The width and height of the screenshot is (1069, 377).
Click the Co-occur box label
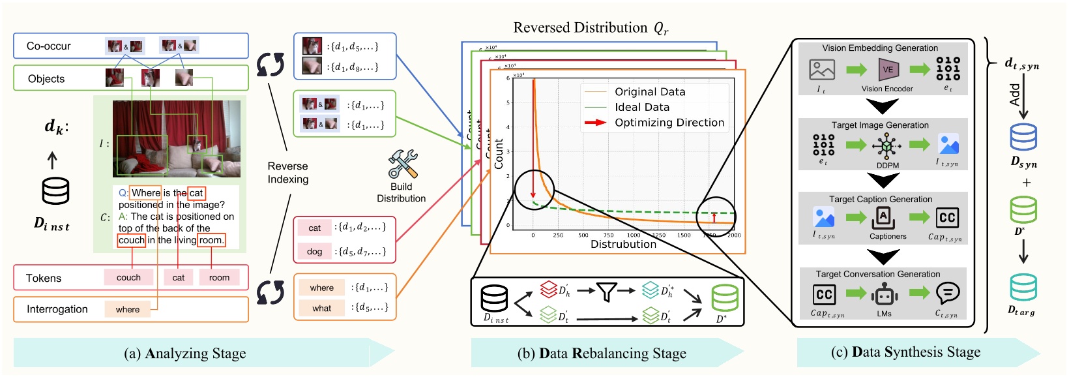49,46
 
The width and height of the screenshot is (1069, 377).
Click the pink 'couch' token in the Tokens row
128,277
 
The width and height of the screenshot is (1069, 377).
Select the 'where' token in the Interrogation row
127,309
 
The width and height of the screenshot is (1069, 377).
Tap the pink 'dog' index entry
314,251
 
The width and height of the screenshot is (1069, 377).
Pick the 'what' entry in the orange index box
321,308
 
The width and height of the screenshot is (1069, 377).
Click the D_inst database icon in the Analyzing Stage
55,191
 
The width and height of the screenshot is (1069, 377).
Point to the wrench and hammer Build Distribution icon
402,164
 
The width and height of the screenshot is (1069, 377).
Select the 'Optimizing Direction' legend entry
669,123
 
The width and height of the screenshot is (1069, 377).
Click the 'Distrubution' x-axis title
623,245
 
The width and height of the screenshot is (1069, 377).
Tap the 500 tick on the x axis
583,235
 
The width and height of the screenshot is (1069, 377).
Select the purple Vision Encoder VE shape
888,69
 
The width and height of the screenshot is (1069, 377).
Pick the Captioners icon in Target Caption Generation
884,218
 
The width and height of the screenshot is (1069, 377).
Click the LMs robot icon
884,295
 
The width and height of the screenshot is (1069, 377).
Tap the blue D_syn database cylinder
1023,137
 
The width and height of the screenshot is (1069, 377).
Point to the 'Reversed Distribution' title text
580,28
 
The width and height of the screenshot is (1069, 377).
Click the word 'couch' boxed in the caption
131,240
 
